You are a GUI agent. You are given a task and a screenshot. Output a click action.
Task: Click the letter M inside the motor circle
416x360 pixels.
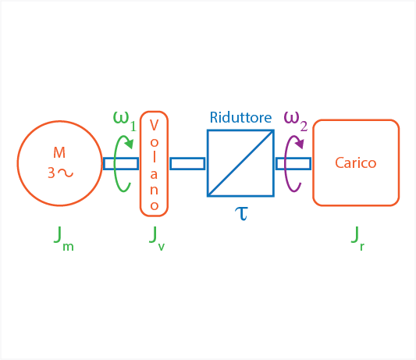[x=59, y=152]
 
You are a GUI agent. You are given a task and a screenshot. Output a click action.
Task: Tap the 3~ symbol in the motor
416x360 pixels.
[x=61, y=173]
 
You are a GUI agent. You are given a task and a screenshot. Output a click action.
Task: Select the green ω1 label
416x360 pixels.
[x=125, y=121]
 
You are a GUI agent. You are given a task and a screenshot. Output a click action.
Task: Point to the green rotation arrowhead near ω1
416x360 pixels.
[x=129, y=144]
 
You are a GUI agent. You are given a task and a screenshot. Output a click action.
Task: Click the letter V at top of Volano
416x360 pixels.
[x=154, y=125]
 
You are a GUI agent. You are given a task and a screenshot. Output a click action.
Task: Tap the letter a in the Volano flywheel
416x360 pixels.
[x=154, y=174]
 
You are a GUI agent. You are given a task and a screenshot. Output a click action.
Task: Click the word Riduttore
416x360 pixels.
[x=240, y=118]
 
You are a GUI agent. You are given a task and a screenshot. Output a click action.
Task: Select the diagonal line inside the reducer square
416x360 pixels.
[x=240, y=163]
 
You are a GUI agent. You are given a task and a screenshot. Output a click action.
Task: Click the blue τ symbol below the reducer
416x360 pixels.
[x=241, y=214]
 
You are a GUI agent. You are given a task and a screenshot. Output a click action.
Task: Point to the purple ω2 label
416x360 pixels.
[x=296, y=121]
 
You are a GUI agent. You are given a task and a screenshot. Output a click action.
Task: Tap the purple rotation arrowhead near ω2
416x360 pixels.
[x=299, y=144]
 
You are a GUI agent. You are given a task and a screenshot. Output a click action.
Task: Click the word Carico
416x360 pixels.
[x=355, y=162]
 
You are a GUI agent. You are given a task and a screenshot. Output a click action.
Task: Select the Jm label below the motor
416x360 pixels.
[x=64, y=238]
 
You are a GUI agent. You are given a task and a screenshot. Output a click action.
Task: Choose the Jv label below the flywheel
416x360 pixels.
[x=157, y=238]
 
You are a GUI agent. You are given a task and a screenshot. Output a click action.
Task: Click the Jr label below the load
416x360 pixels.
[x=357, y=238]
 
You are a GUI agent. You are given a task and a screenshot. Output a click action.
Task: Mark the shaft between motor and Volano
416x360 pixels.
[x=121, y=163]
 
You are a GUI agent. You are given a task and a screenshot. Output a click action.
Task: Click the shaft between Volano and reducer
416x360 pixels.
[x=187, y=163]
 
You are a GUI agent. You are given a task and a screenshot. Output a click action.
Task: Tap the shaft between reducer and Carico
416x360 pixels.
[x=293, y=163]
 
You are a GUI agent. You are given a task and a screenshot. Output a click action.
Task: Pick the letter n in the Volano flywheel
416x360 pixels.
[x=154, y=190]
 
